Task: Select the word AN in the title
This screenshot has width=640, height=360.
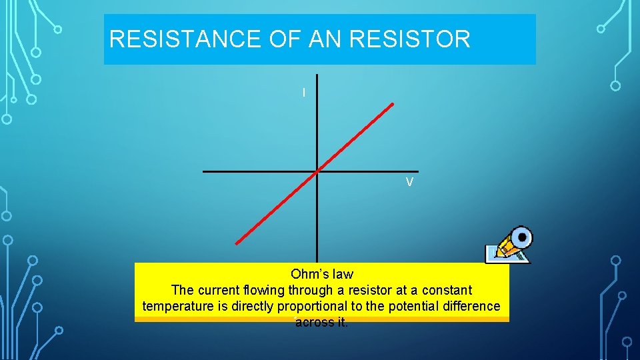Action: pyautogui.click(x=325, y=39)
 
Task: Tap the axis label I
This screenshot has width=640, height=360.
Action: pyautogui.click(x=304, y=93)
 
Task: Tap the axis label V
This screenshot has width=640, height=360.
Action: pyautogui.click(x=409, y=182)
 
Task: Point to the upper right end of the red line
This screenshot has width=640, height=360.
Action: pyautogui.click(x=393, y=104)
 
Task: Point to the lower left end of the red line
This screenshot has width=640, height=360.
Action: pyautogui.click(x=237, y=244)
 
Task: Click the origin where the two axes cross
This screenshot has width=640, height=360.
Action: pyautogui.click(x=317, y=171)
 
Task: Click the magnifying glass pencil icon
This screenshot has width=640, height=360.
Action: pyautogui.click(x=509, y=245)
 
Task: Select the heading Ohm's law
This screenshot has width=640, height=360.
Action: pyautogui.click(x=322, y=274)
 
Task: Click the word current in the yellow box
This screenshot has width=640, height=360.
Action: pyautogui.click(x=219, y=290)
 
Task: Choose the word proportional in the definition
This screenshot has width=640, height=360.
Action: pyautogui.click(x=346, y=306)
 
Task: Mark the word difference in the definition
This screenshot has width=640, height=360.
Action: pyautogui.click(x=475, y=306)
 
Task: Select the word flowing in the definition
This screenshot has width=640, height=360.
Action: pyautogui.click(x=264, y=290)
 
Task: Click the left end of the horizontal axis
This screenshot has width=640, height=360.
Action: pyautogui.click(x=204, y=171)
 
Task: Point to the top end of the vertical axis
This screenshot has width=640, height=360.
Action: pyautogui.click(x=317, y=75)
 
